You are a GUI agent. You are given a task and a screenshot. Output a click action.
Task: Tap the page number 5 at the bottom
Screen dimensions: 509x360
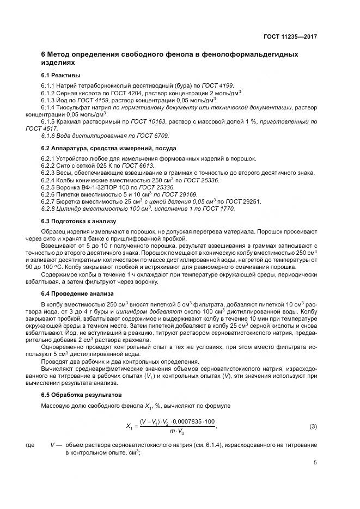[x=315, y=463]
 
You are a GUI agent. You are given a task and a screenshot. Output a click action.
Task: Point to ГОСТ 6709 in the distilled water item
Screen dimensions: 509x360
[x=154, y=136]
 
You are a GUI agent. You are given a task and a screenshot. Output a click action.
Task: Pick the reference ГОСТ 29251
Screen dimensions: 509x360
[x=244, y=201]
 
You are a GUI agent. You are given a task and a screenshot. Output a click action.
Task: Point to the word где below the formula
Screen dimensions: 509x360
[x=30, y=445]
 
